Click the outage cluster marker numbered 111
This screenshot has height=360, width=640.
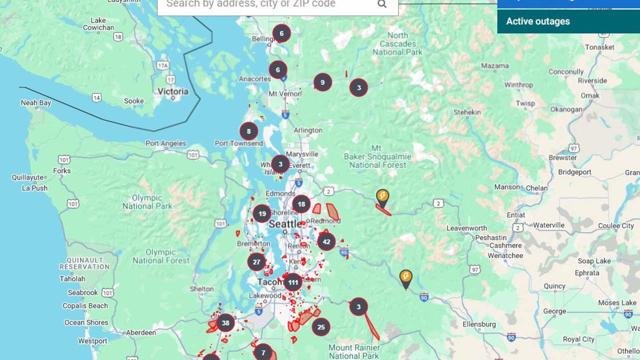(293, 282)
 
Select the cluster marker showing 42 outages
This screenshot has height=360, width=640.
(326, 242)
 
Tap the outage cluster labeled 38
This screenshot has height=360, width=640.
(225, 323)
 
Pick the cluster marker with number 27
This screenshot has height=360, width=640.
(256, 262)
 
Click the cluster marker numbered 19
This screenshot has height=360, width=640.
(262, 214)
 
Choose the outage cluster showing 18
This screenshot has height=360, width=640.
(301, 204)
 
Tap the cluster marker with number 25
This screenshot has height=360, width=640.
(321, 327)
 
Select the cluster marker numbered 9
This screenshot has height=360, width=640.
(322, 82)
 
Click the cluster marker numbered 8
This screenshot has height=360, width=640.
(248, 131)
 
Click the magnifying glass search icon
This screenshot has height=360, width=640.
(382, 4)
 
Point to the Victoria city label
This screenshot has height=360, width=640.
(173, 91)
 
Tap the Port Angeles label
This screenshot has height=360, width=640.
(165, 143)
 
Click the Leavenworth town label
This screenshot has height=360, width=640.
(466, 228)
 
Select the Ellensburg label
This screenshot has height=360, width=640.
(479, 324)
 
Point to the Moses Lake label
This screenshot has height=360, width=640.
(617, 303)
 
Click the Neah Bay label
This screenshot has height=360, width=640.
(35, 103)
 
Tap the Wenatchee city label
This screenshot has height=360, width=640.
(505, 255)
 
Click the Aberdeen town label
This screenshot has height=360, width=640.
(140, 332)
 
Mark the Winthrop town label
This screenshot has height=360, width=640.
(518, 85)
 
